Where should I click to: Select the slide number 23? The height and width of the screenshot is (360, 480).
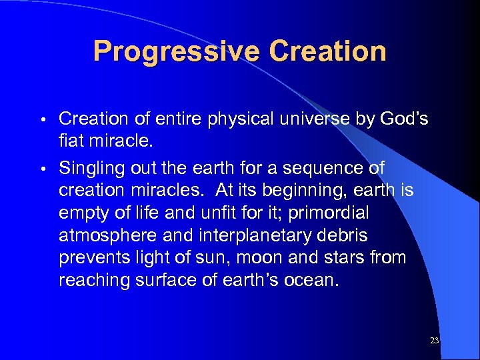(435, 341)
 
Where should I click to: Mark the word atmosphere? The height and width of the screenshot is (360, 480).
(110, 235)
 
